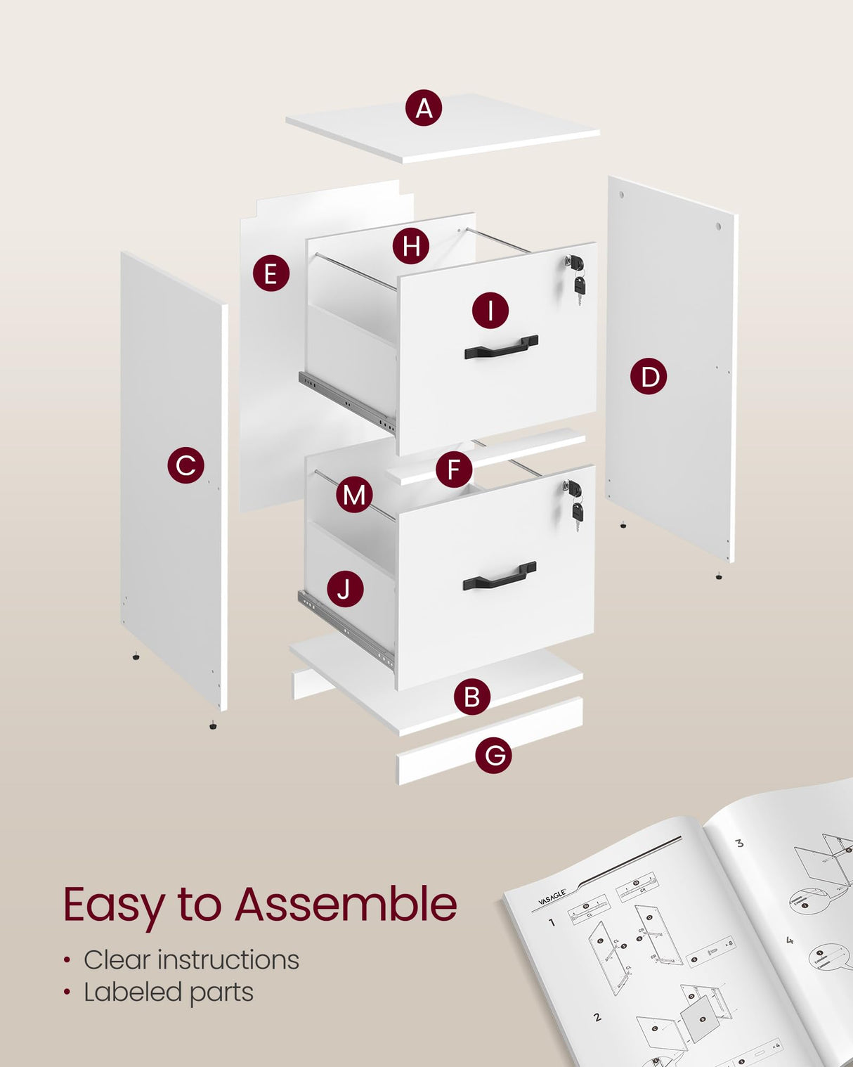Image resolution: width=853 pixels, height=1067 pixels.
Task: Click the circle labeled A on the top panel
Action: [424, 108]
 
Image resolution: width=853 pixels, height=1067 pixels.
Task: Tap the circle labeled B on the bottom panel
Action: [471, 697]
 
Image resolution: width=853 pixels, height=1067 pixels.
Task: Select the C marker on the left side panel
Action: [185, 465]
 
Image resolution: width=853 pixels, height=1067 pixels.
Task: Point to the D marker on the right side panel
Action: [649, 377]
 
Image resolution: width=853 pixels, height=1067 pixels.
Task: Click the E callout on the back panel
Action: [271, 273]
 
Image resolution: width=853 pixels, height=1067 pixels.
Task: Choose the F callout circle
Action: [454, 470]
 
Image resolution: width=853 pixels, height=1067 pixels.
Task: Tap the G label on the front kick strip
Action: [493, 755]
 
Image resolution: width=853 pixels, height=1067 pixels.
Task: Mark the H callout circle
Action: [411, 246]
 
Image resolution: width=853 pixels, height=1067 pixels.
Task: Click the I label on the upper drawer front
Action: [490, 310]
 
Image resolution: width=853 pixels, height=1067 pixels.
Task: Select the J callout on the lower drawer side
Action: [344, 589]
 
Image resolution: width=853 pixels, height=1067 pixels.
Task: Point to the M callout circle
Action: [354, 495]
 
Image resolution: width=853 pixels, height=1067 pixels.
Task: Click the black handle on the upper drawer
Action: [501, 347]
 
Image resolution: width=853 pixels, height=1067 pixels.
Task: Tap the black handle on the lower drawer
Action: [500, 576]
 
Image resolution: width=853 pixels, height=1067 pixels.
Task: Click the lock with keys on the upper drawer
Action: [577, 275]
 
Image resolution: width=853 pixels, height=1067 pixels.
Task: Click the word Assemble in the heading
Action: [345, 904]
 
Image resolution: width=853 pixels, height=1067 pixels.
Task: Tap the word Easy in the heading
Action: [113, 905]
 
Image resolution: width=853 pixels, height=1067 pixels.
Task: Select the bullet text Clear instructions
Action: [191, 960]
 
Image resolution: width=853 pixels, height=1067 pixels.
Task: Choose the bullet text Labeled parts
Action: [169, 992]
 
